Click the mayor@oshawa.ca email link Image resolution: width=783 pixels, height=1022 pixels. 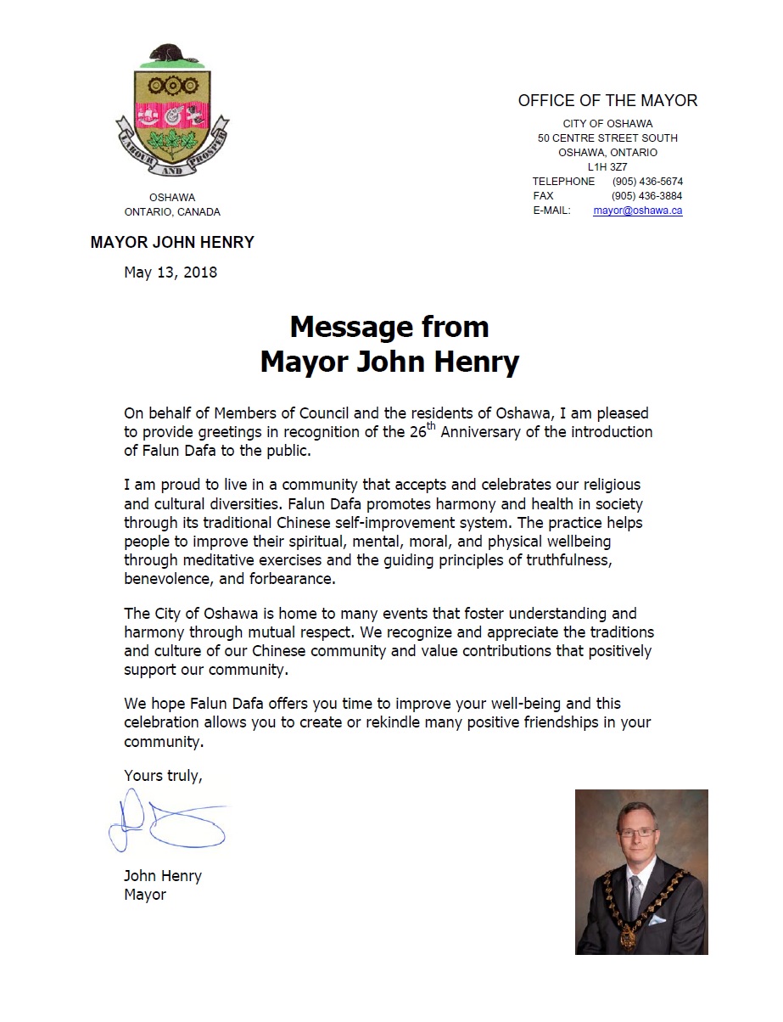(637, 211)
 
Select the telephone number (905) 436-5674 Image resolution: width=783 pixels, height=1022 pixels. (646, 182)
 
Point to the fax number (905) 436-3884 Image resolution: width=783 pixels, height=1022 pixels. (646, 196)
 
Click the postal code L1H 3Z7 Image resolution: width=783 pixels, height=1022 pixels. (607, 167)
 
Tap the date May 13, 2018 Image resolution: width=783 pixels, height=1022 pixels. (171, 272)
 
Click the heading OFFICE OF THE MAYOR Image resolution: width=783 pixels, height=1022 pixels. (607, 101)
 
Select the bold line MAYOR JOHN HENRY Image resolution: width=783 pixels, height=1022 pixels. (172, 243)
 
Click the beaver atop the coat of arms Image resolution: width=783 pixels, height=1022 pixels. (170, 56)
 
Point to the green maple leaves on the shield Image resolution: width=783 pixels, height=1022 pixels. (173, 142)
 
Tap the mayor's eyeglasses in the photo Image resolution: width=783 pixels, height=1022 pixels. (638, 834)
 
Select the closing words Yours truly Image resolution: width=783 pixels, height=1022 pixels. (163, 775)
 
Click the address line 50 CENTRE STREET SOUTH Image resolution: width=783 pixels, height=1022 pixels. (607, 138)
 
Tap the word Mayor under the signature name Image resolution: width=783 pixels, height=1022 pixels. (145, 895)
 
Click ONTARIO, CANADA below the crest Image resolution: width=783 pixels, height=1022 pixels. (172, 212)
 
